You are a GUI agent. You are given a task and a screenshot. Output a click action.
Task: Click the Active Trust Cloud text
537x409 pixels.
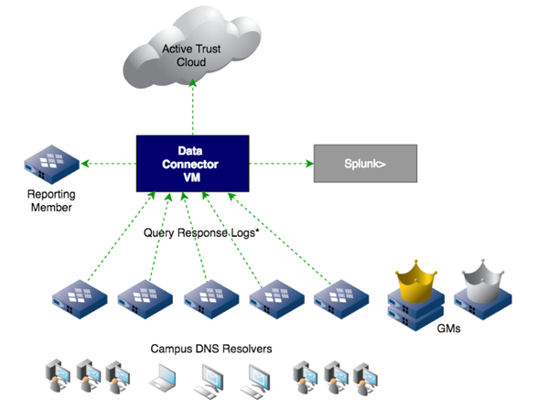point(191,55)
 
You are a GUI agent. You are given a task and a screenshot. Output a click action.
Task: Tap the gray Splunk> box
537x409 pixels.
point(365,163)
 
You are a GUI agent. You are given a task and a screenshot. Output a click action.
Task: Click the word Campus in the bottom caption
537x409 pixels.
point(173,350)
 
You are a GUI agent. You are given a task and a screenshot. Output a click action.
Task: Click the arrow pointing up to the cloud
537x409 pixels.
point(191,108)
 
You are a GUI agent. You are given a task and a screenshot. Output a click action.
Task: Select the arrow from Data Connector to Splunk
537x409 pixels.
point(279,164)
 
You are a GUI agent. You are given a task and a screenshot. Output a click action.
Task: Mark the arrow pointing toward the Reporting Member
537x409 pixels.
point(108,164)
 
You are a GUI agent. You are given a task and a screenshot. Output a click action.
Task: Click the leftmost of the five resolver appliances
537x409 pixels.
point(81,297)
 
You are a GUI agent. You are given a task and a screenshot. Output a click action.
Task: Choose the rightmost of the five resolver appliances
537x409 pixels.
point(345,297)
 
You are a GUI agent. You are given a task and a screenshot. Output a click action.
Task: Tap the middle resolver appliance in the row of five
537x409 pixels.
point(212,297)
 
